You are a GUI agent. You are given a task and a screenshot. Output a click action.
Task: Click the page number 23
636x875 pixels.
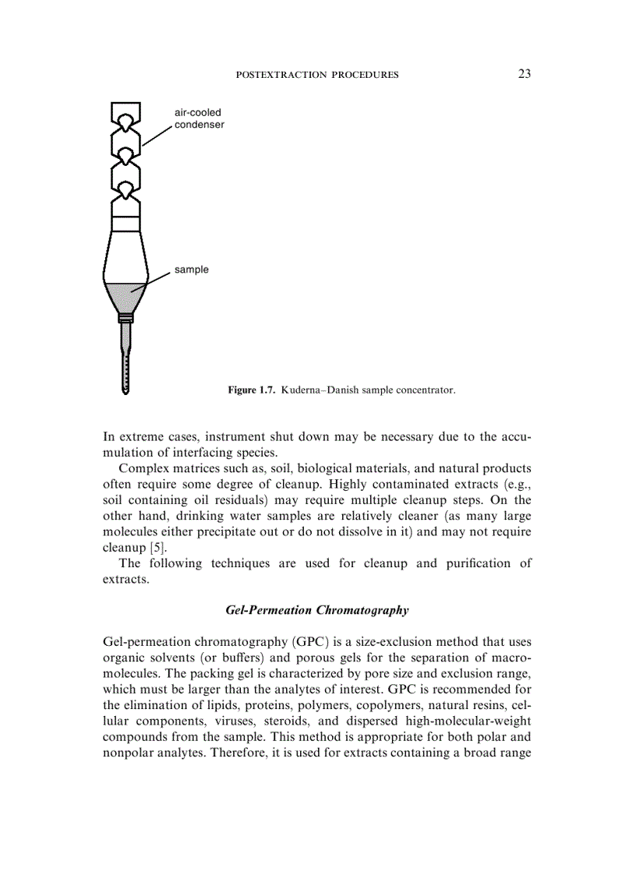(524, 74)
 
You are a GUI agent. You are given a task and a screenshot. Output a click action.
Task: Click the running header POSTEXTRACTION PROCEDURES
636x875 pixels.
(316, 75)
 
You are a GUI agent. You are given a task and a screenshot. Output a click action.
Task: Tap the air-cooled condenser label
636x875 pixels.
(199, 118)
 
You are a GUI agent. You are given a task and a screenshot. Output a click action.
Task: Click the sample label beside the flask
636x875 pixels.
(191, 270)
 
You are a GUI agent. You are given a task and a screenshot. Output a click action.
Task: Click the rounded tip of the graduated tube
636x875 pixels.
(125, 390)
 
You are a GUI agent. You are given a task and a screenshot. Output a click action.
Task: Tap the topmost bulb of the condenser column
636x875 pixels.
(125, 116)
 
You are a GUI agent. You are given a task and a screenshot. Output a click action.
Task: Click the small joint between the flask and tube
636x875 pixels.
(125, 318)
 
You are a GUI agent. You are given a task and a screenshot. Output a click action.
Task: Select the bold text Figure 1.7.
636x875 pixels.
(251, 389)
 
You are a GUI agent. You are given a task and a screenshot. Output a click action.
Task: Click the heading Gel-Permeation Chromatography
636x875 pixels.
(316, 610)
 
